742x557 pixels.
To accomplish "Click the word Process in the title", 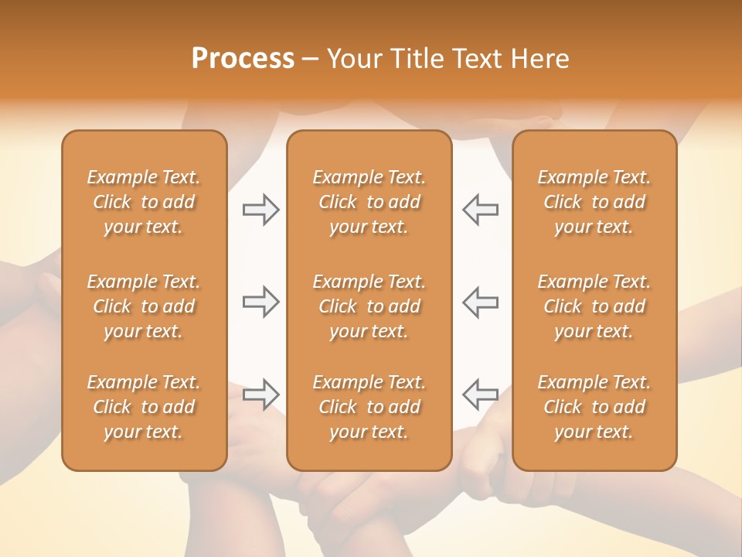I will coord(243,59).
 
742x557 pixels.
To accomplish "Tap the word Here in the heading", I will coord(540,59).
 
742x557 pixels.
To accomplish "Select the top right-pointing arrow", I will coord(260,210).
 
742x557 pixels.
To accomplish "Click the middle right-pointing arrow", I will coord(260,302).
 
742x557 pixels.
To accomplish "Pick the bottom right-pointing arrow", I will coord(260,395).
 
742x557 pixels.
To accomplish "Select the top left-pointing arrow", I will coord(480,210).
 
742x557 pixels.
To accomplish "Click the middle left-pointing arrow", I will coord(480,302).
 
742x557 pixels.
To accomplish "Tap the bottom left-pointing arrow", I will coord(480,395).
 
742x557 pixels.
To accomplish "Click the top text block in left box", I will coord(144,202).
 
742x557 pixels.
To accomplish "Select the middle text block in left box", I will coord(144,306).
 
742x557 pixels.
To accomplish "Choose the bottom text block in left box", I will coord(144,407).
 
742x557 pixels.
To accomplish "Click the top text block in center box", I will coord(369,202).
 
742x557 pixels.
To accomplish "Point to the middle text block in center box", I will coord(369,306).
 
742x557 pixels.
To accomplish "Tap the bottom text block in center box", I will coord(369,407).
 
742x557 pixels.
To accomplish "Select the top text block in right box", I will coord(594,202).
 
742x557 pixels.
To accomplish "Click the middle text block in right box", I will coord(594,306).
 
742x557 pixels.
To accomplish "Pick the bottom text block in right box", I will coord(594,407).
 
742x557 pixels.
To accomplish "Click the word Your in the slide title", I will coord(353,59).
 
